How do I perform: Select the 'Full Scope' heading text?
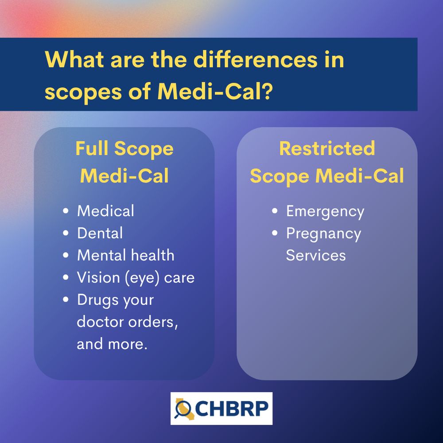[x=124, y=149]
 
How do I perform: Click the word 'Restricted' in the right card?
[x=327, y=149]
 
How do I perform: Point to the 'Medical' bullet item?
[x=105, y=211]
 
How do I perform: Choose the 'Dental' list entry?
[x=100, y=233]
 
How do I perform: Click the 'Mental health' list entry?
[x=125, y=255]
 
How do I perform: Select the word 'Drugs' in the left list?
[x=96, y=299]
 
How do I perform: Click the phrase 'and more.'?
[x=112, y=344]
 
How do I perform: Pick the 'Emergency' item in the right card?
[x=325, y=211]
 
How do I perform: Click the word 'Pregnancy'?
[x=323, y=233]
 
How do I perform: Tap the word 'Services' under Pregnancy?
[x=315, y=255]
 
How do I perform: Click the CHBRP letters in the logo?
[x=230, y=408]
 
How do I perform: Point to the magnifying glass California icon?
[x=182, y=408]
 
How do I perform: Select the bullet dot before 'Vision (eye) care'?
[x=66, y=278]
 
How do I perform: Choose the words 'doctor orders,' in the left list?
[x=127, y=322]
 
